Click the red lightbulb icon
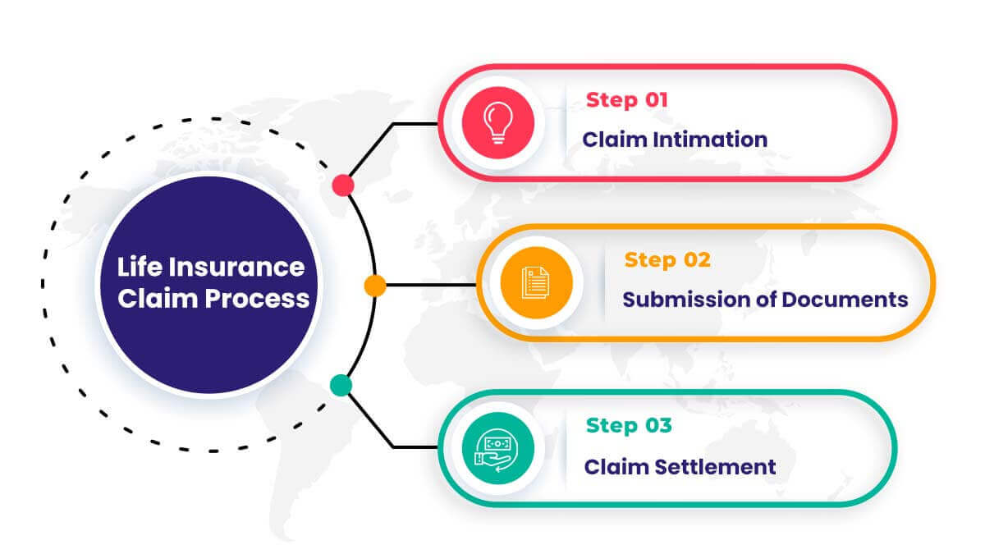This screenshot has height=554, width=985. click(497, 122)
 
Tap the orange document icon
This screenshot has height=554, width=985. click(537, 282)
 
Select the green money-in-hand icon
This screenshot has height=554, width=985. click(497, 448)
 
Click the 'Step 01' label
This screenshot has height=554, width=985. click(627, 100)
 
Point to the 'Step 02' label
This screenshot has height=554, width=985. click(667, 260)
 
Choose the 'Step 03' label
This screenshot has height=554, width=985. click(629, 426)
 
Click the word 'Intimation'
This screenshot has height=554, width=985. click(710, 140)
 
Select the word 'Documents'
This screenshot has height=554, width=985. click(845, 300)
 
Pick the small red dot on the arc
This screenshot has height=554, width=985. click(343, 185)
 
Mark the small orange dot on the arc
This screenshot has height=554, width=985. click(375, 286)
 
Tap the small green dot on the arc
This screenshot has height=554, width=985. click(341, 385)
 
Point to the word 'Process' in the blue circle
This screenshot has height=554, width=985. click(257, 300)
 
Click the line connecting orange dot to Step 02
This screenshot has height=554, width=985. click(431, 285)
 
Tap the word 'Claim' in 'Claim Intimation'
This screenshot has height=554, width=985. click(614, 140)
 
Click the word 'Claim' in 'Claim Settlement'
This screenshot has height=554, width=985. click(616, 467)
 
